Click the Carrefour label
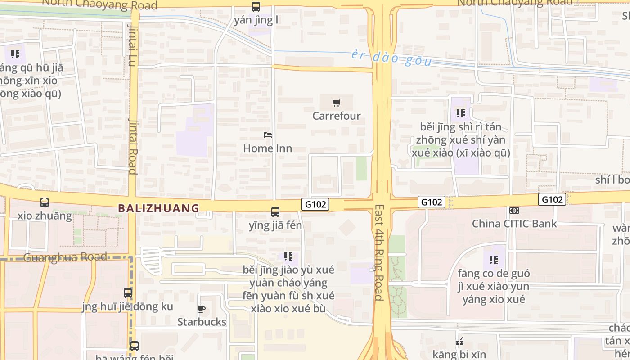coord(337,116)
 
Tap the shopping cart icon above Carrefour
coord(337,103)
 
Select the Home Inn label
coord(267,148)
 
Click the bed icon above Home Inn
coord(268,135)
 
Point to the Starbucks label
coord(202,322)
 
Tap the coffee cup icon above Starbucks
coord(202,309)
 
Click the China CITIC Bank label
coord(514,223)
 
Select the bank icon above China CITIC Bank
coord(514,211)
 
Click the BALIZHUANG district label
coord(158,208)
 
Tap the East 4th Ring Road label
coord(379,252)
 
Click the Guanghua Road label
coord(65,257)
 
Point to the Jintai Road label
coord(133,146)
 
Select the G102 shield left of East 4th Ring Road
coord(315,204)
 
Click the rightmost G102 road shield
coord(552,199)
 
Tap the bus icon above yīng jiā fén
coord(275,212)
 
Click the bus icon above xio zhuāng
coord(45,203)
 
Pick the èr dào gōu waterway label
coord(391,58)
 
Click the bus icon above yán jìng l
coord(256,7)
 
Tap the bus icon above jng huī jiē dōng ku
coord(128,293)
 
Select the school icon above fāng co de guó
coord(494,260)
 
